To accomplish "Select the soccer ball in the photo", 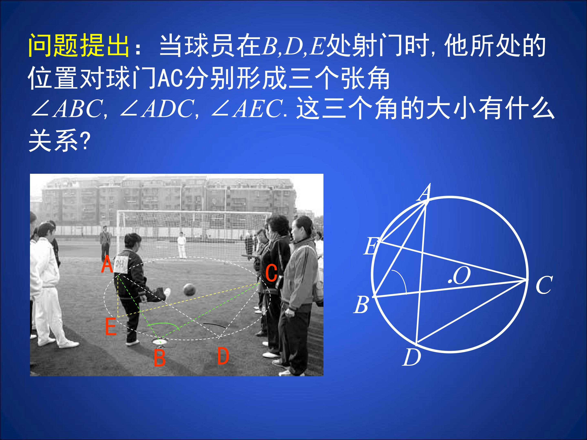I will [189, 290].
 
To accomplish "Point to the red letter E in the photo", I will [111, 327].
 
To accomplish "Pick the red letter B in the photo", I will [159, 358].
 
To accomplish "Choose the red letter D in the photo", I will [223, 356].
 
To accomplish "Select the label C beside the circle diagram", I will [544, 285].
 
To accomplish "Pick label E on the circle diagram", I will [371, 246].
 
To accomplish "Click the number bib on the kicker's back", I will [121, 264].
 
